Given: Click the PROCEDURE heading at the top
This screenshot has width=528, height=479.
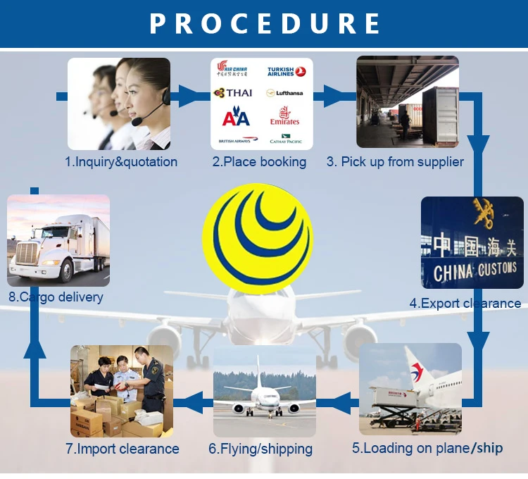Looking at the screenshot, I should coord(264,23).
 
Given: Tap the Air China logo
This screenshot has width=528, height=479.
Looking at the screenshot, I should coord(233,68).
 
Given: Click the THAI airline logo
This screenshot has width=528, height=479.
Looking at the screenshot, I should coord(233,92).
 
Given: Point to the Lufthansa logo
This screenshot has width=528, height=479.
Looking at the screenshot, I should coord(284,93).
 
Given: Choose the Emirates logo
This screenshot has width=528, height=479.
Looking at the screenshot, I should coord(284,116).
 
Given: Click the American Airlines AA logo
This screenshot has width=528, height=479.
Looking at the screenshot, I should coord(236,117).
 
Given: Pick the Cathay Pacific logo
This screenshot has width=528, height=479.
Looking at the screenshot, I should coord(285,139).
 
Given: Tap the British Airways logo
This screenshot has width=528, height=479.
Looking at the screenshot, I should coord(234,139).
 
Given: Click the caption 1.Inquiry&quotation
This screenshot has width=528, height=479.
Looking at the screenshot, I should coord(121,162).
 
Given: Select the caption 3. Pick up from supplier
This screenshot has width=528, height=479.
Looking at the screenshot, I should coord(395,162).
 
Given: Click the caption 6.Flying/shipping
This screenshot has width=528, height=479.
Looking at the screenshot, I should coord(260,449).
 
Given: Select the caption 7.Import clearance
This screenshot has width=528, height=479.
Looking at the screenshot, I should coord(122,449).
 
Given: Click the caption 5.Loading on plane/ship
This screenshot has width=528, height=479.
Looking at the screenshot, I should coord(427,448).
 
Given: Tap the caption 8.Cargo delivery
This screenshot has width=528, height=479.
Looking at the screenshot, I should coord(56,297).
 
